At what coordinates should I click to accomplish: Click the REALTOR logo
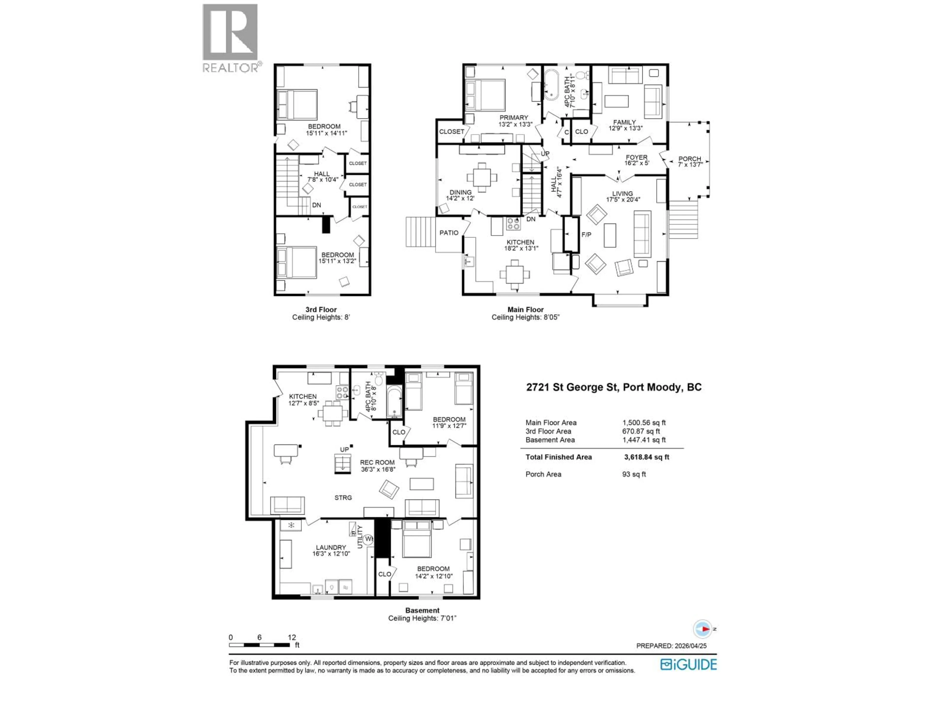230,38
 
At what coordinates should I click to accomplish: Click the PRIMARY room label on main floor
514,117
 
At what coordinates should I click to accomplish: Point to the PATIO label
449,233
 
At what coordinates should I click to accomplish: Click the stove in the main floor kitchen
513,224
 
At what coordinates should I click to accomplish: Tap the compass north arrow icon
703,629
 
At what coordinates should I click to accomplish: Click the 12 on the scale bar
292,637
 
